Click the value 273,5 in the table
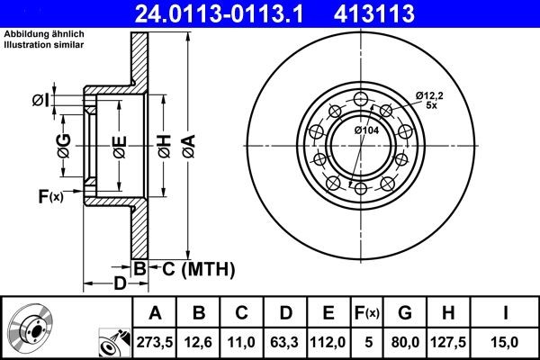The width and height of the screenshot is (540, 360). pos(154,342)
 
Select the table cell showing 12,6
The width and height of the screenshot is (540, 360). pos(199,342)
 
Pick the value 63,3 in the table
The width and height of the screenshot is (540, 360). pos(286,342)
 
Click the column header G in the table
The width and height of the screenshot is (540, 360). pos(404,312)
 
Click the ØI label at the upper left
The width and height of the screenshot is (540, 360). pos(40,100)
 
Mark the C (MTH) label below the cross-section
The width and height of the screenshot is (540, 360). pos(198,267)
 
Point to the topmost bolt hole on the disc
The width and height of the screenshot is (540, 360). pos(362,99)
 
